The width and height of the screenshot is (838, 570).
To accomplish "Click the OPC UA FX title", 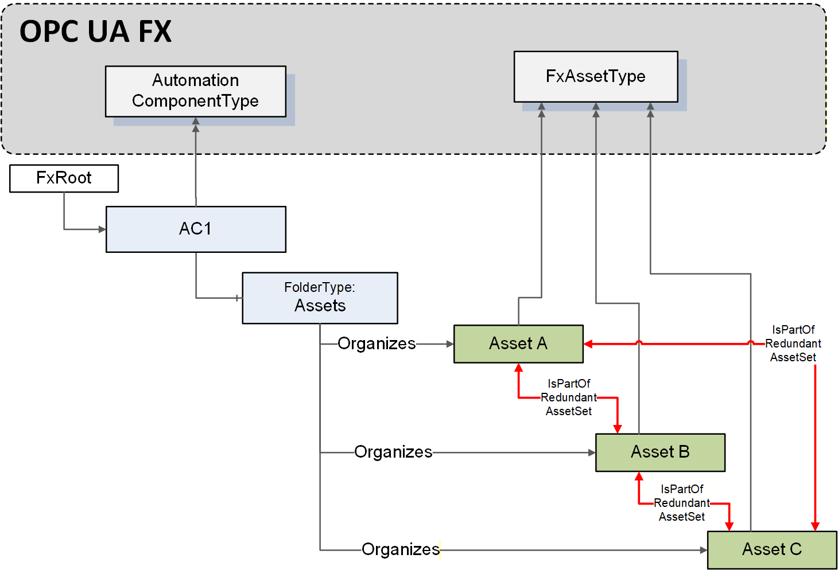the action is [95, 32].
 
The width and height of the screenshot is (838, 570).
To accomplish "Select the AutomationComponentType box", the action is [196, 92].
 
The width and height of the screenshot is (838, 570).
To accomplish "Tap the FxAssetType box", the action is [596, 77].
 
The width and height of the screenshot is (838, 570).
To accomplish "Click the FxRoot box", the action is [64, 178].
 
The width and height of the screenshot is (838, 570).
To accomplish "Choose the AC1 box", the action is [196, 229].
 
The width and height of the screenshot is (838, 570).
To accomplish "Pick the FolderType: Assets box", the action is [320, 298].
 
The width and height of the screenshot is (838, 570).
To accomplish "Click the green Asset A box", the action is [518, 344].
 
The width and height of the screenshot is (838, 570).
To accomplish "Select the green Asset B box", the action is [660, 452].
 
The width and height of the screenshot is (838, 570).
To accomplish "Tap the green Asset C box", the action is [772, 550].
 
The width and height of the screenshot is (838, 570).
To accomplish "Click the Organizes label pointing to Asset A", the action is [377, 343].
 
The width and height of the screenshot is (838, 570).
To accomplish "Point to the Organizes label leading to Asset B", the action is [393, 452].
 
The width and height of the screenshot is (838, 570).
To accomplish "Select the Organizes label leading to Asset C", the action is [401, 549].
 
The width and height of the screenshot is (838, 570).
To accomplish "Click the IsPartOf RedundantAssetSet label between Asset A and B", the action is [569, 397].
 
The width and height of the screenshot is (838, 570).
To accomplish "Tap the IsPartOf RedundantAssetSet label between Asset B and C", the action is [682, 503].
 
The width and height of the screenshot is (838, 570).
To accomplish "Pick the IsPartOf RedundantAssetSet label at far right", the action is [793, 343].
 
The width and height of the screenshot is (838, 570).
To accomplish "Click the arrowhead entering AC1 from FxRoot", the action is [102, 229].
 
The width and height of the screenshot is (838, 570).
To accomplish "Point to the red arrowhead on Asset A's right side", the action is [588, 344].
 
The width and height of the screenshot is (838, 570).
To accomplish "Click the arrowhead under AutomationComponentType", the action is [196, 121].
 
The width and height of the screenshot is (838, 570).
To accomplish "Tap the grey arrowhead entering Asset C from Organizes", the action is [703, 550].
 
